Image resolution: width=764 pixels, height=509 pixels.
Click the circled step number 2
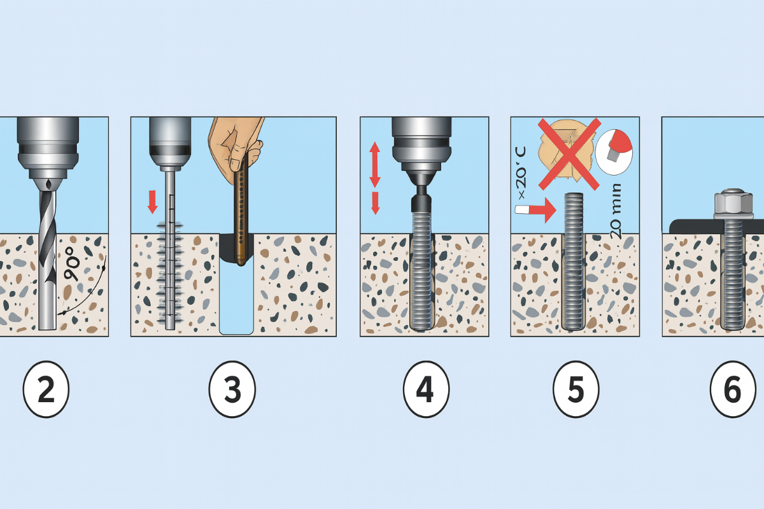[45, 389]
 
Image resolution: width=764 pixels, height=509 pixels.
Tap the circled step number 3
[232, 389]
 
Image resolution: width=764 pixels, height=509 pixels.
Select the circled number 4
[426, 389]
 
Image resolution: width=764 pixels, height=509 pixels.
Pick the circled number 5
[576, 389]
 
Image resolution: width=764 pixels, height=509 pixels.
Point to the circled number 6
[733, 389]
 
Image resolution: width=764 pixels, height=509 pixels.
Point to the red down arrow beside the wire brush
[152, 202]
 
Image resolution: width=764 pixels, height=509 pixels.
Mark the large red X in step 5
[569, 153]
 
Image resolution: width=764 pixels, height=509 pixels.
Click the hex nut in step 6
[732, 203]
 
